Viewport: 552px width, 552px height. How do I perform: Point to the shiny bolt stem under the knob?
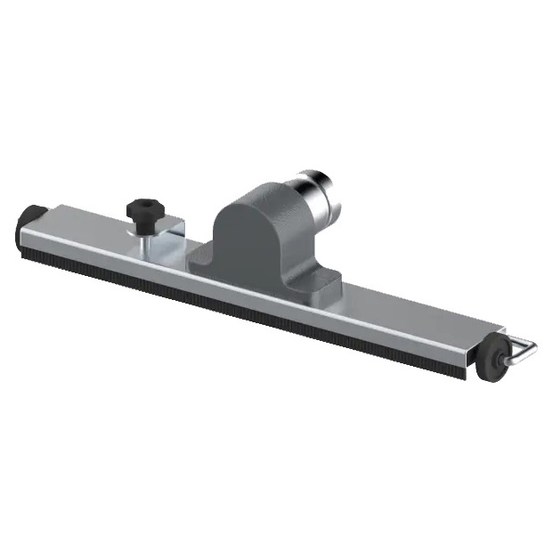(x=142, y=227)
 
